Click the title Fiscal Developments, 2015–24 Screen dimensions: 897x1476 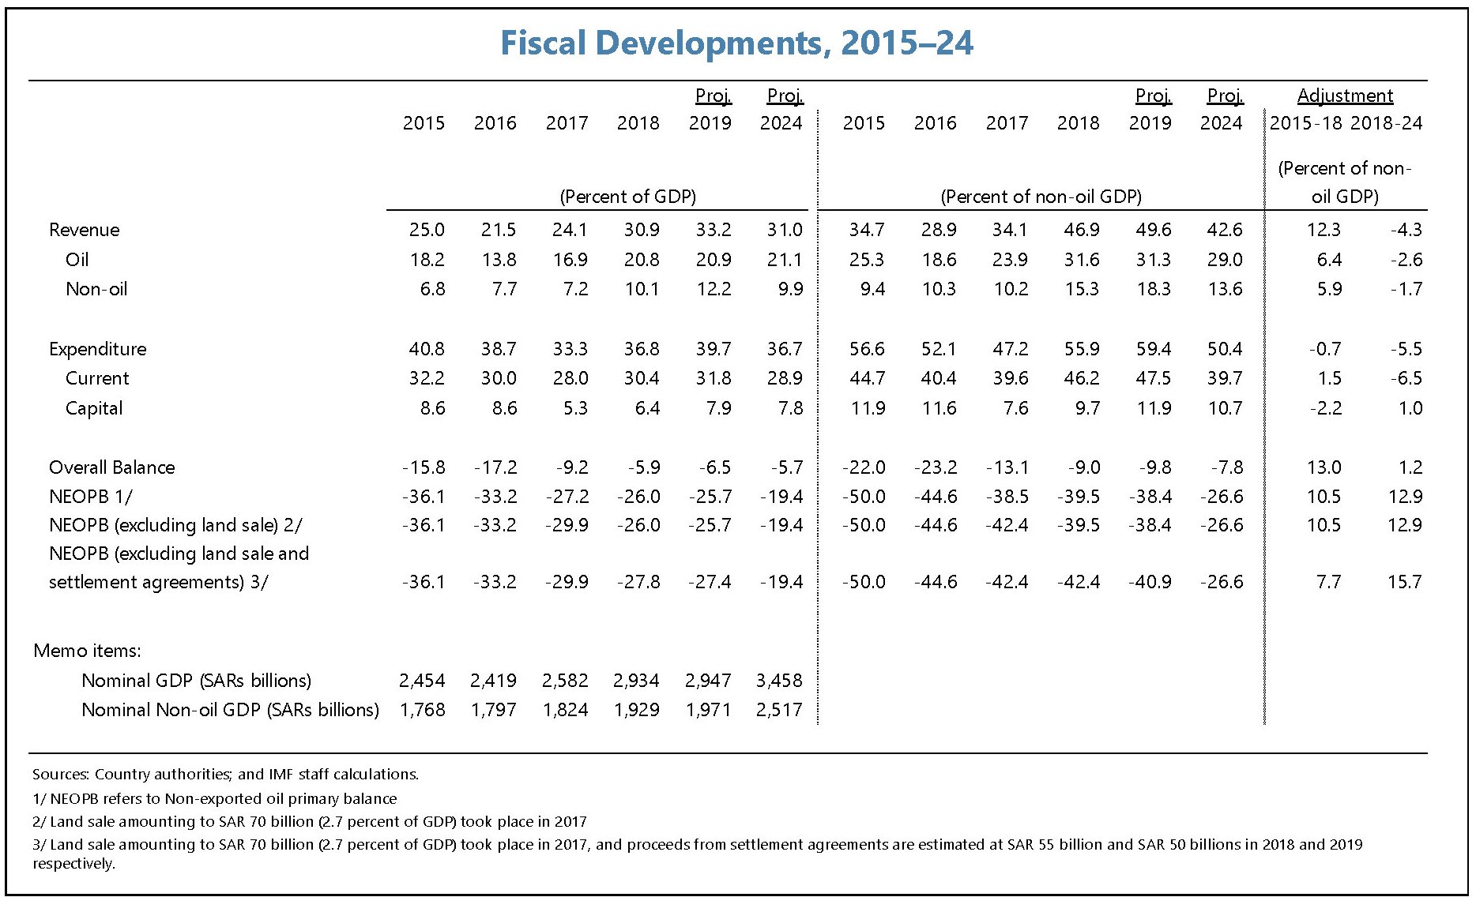pyautogui.click(x=736, y=43)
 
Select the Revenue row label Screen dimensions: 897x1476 pyautogui.click(x=85, y=230)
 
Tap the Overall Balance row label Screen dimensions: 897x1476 pyautogui.click(x=111, y=467)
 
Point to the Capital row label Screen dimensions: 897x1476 pyautogui.click(x=94, y=408)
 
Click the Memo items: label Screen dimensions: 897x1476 pyautogui.click(x=87, y=651)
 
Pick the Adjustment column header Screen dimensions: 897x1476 pyautogui.click(x=1345, y=96)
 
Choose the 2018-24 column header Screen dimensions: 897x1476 pyautogui.click(x=1386, y=123)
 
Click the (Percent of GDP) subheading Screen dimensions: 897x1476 pyautogui.click(x=627, y=197)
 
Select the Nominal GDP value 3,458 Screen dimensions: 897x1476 pyautogui.click(x=779, y=681)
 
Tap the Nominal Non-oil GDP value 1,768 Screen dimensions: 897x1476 pyautogui.click(x=423, y=710)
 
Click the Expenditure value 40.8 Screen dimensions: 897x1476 pyautogui.click(x=427, y=349)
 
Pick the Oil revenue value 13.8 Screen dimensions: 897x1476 pyautogui.click(x=499, y=260)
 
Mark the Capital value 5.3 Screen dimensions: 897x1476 pyautogui.click(x=575, y=408)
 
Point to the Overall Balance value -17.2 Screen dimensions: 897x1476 pyautogui.click(x=496, y=467)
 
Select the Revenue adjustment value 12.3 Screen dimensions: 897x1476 pyautogui.click(x=1324, y=230)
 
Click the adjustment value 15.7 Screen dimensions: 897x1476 pyautogui.click(x=1404, y=582)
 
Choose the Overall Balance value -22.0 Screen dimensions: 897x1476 pyautogui.click(x=864, y=467)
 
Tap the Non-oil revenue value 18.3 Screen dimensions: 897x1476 pyautogui.click(x=1154, y=289)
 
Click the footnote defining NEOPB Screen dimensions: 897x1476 pyautogui.click(x=215, y=798)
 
